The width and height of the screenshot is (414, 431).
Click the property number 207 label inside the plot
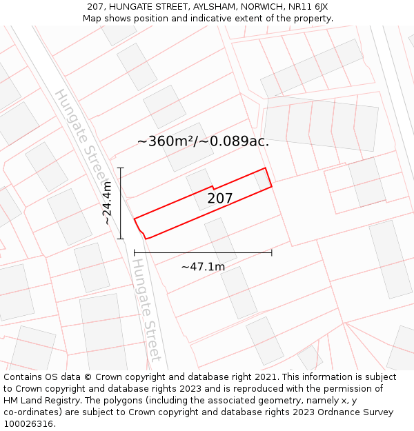tap(220, 199)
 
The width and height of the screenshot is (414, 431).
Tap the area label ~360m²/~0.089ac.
tap(203, 141)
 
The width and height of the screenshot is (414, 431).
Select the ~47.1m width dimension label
tap(203, 267)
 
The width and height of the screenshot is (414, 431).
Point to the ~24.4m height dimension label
tap(107, 203)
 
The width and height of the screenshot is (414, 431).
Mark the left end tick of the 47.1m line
tap(135, 253)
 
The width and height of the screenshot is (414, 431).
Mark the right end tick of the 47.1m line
tap(272, 253)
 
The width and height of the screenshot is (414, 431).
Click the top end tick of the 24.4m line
tap(121, 168)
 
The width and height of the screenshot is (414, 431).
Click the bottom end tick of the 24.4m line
tap(121, 239)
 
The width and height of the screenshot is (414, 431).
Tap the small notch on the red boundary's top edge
tap(213, 187)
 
